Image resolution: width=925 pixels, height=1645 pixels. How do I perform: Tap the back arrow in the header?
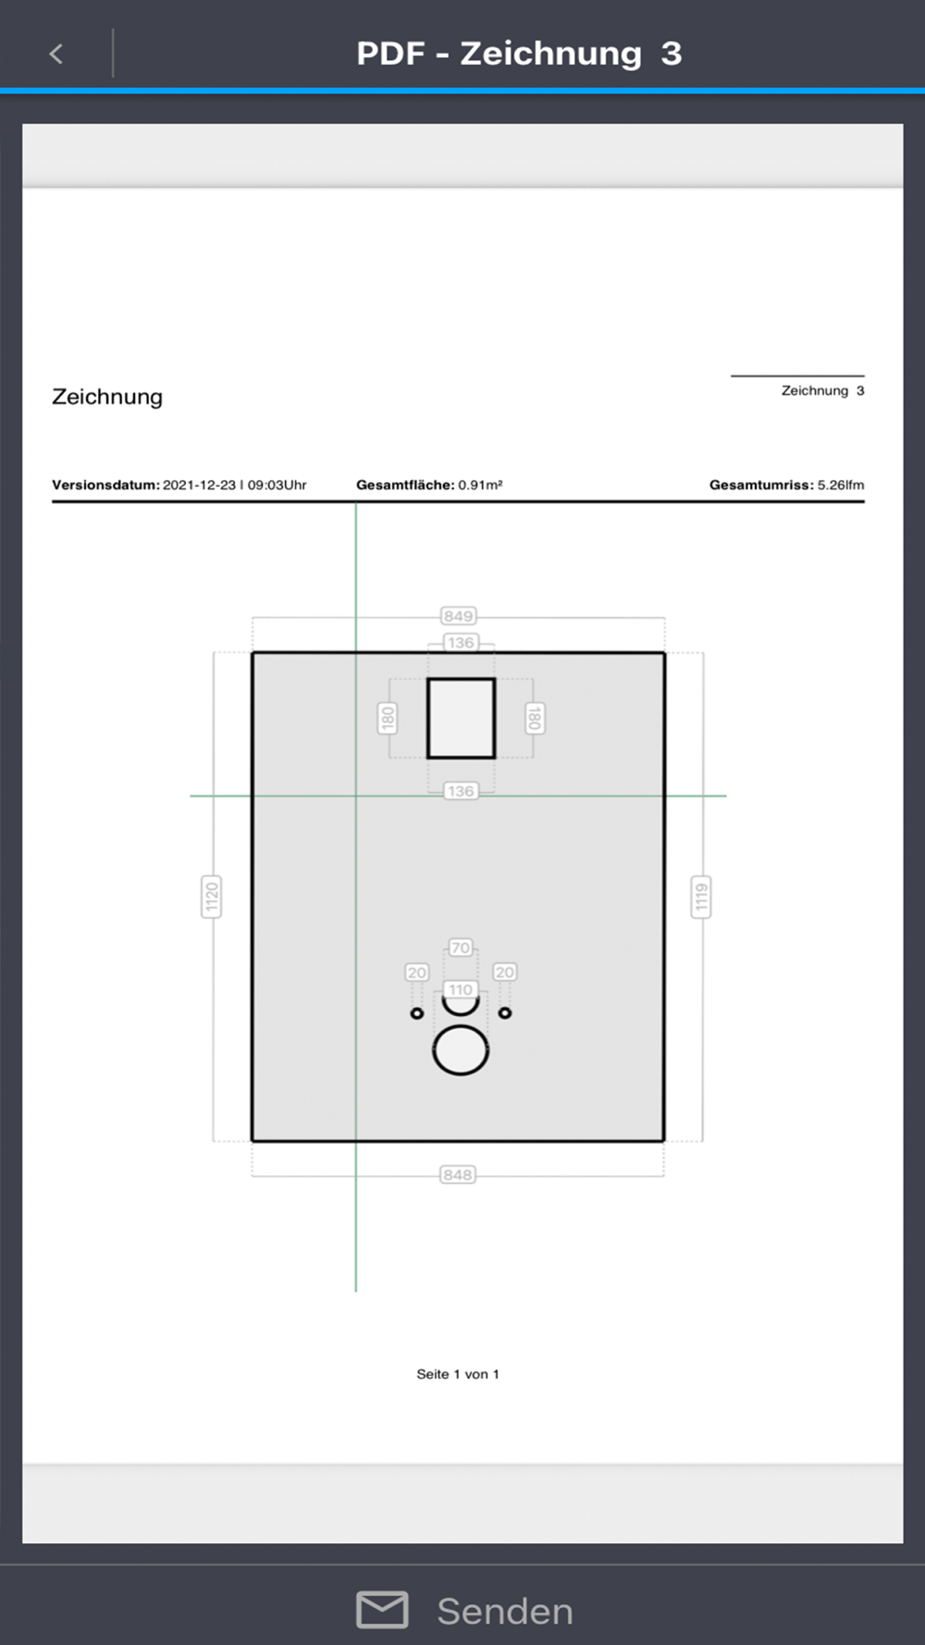[x=56, y=54]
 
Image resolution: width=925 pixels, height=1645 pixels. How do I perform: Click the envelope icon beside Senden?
[x=382, y=1610]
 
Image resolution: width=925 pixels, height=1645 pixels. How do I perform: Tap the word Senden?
[x=505, y=1612]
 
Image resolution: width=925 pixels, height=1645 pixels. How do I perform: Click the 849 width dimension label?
[x=458, y=616]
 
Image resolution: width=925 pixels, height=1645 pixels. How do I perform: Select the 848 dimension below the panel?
[x=458, y=1175]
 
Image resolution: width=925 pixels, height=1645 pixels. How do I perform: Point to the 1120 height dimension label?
[x=212, y=897]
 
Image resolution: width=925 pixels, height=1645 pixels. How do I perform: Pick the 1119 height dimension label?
[x=701, y=897]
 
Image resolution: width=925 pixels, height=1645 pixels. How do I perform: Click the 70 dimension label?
[x=461, y=947]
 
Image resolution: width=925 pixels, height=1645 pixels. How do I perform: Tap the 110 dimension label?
[x=461, y=990]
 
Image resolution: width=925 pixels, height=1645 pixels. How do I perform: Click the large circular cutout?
[x=461, y=1025]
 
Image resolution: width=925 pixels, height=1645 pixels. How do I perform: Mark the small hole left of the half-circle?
[x=417, y=1013]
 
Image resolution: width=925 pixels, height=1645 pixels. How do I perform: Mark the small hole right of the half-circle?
[x=505, y=1013]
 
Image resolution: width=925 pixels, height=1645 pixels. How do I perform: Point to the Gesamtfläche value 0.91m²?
[x=480, y=485]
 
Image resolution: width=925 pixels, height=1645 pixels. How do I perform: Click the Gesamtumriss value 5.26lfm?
[x=841, y=485]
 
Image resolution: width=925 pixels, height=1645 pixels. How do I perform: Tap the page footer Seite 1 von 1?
[x=458, y=1374]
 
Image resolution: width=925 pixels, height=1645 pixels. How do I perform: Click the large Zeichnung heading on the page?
[x=107, y=397]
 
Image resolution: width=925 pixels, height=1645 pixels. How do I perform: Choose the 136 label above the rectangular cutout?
[x=461, y=643]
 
